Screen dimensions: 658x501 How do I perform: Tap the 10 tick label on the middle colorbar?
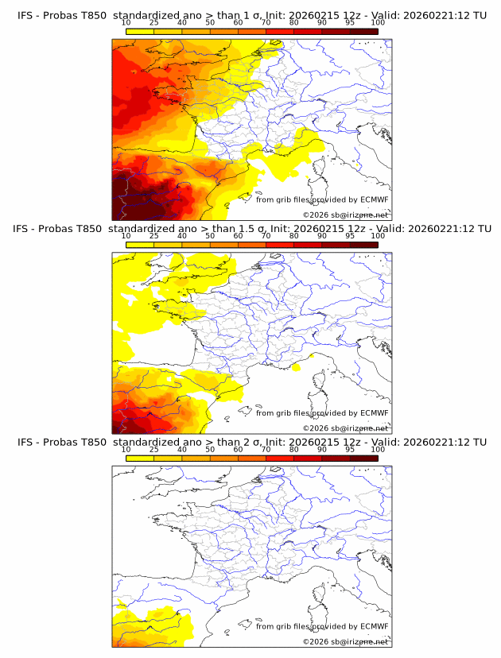click(x=126, y=235)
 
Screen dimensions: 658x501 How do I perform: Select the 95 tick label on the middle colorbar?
click(x=350, y=235)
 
